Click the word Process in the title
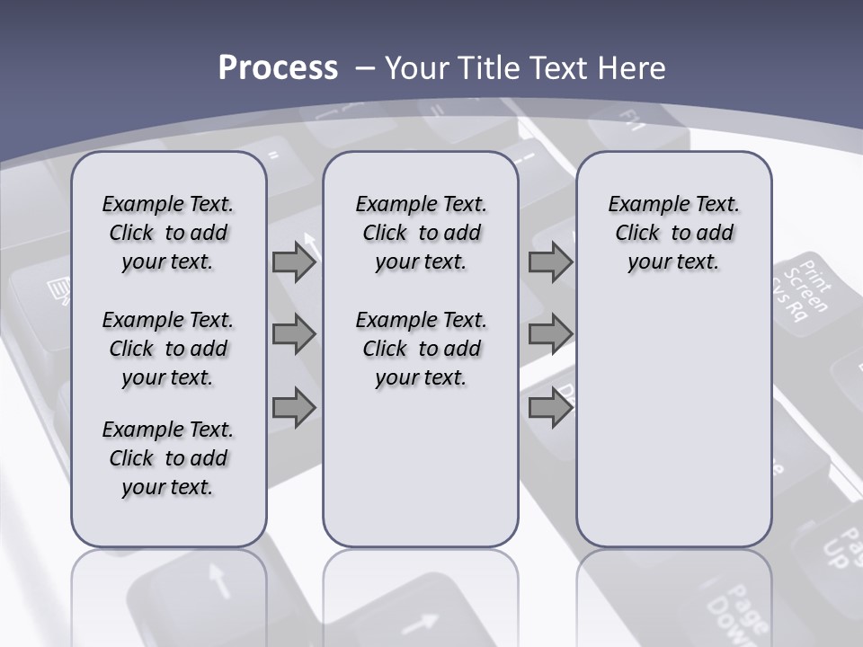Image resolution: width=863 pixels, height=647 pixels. pos(278,68)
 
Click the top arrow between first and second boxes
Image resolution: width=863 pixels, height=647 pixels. pos(294,263)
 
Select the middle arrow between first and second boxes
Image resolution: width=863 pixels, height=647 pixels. pos(294,335)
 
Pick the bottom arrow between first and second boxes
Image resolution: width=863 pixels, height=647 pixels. pos(294,408)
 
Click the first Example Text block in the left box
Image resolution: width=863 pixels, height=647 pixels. pos(168,233)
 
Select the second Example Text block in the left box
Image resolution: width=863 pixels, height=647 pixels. pos(168,349)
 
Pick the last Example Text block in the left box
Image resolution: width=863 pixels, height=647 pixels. pos(168,458)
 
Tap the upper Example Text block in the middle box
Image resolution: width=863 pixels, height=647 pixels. pos(421,233)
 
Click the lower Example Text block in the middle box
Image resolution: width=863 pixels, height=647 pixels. pos(421,349)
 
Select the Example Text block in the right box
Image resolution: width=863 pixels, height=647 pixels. pos(673,233)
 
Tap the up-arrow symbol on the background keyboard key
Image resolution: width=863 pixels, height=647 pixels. pos(216,580)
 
